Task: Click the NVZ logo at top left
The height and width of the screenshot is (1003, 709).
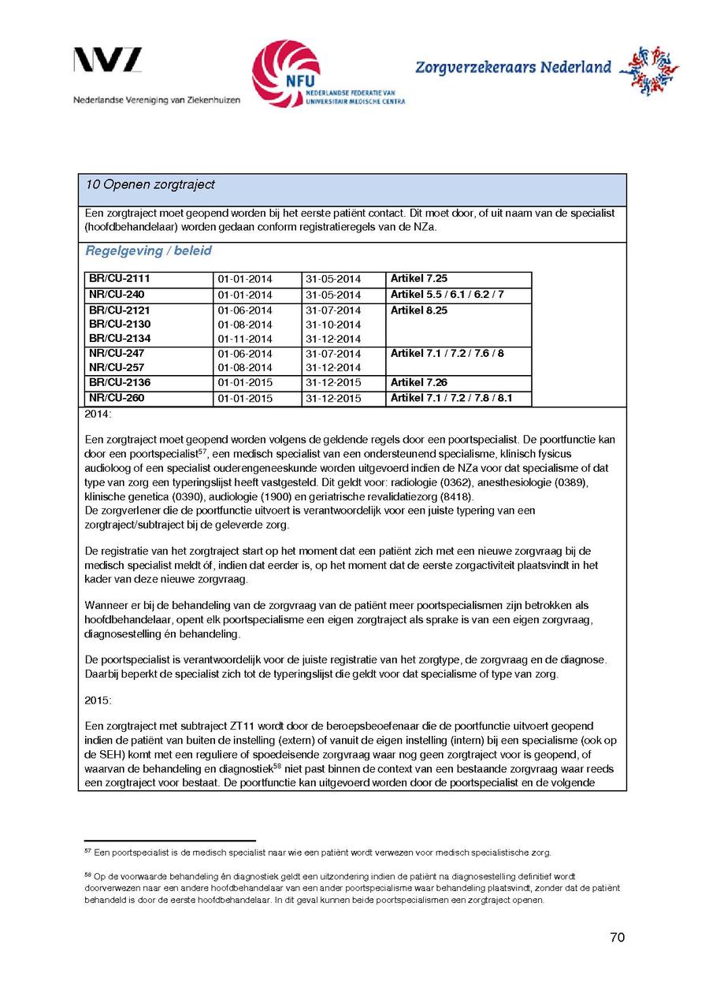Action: pos(108,61)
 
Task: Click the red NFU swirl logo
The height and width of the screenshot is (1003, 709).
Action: pos(286,74)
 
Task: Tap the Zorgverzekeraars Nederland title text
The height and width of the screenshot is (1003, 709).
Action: pos(513,68)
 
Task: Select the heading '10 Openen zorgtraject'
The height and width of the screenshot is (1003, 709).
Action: pos(150,184)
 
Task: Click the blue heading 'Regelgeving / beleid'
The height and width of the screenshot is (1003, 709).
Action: pos(148,251)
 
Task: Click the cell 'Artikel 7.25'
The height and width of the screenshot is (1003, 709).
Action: pos(419,279)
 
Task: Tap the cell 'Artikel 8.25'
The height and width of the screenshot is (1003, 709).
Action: pos(419,310)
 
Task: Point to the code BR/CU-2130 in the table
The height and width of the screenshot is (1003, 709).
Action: pos(120,324)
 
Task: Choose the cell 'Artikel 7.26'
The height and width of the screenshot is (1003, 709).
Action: pos(419,383)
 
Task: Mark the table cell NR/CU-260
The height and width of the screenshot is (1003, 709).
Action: pos(117,398)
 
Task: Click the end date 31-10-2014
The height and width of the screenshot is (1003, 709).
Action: pos(333,325)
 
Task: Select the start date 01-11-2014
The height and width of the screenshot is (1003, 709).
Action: pos(245,339)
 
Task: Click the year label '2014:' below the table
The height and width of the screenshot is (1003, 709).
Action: pos(98,414)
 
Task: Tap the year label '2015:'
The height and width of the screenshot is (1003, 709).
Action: pos(98,700)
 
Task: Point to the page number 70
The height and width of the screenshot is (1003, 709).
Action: pos(617,938)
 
